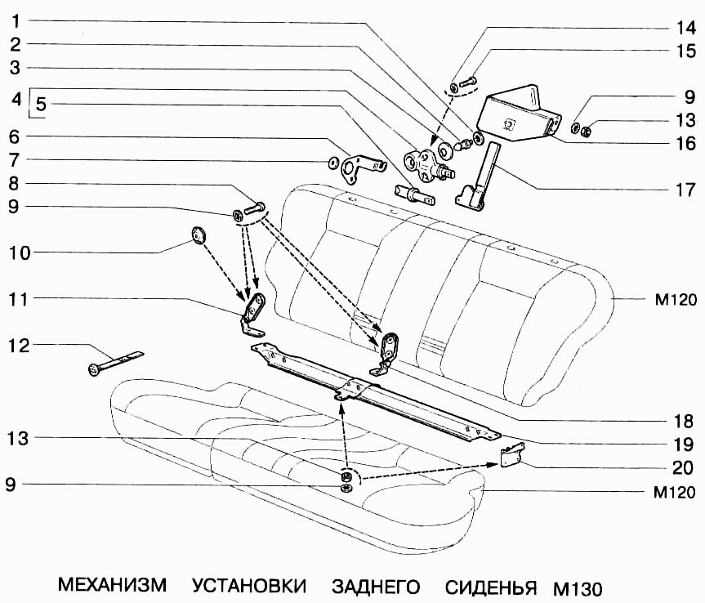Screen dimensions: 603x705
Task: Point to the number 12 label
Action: click(x=17, y=346)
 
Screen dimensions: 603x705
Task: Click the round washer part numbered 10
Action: click(x=198, y=236)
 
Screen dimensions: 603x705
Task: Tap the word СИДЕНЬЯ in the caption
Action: click(x=490, y=587)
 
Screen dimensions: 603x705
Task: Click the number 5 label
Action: click(x=41, y=105)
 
